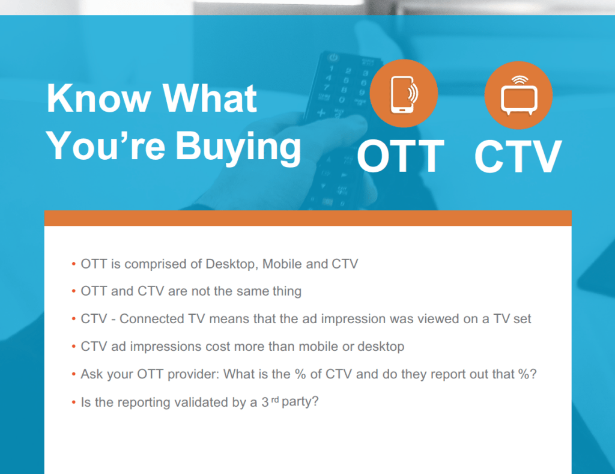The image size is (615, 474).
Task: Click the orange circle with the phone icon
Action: pyautogui.click(x=404, y=93)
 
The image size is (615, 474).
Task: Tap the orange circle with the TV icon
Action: pyautogui.click(x=518, y=95)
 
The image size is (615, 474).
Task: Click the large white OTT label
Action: pyautogui.click(x=401, y=156)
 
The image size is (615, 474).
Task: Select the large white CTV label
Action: pyautogui.click(x=518, y=156)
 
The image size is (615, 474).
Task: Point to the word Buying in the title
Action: pyautogui.click(x=238, y=148)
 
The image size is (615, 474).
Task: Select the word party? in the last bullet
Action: pyautogui.click(x=300, y=402)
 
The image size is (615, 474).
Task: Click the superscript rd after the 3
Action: pyautogui.click(x=275, y=400)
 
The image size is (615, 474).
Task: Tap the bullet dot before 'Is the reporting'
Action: pyautogui.click(x=74, y=402)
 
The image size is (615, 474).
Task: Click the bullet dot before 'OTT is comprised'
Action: pyautogui.click(x=74, y=264)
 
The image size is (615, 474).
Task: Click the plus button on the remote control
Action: pyautogui.click(x=321, y=113)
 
